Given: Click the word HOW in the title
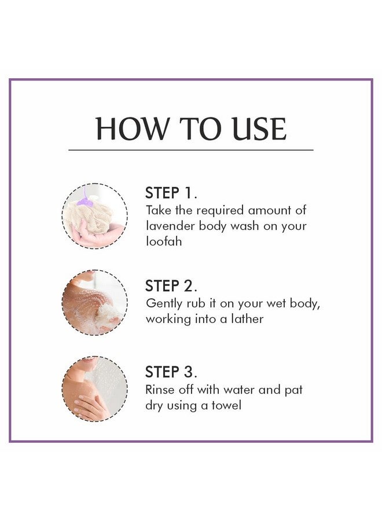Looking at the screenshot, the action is pos(132,129).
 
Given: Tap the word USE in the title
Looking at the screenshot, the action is pos(259,129).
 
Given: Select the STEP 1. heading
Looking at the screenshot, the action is pos(171,193).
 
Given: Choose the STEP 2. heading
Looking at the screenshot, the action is pos(171,286).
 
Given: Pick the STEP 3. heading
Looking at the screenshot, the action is pos(171,372).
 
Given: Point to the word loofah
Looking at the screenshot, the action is pos(164,241).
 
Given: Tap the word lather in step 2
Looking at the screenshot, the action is pos(247,319).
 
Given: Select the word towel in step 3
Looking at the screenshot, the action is pos(226,405).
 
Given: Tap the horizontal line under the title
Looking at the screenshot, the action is pos(191,150).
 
